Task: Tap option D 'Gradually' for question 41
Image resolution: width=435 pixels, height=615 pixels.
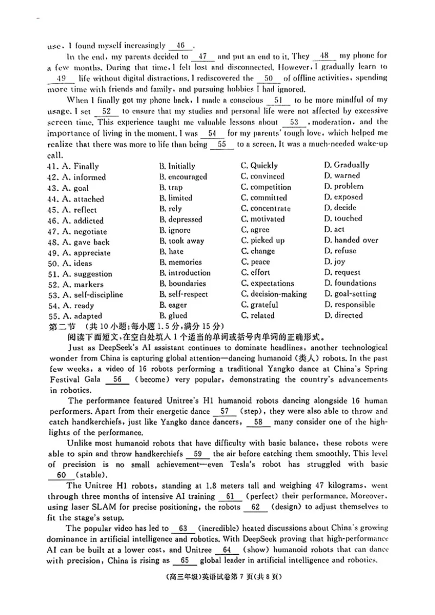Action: pos(346,165)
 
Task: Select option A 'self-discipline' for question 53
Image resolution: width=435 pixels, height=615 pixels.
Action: pos(92,295)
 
